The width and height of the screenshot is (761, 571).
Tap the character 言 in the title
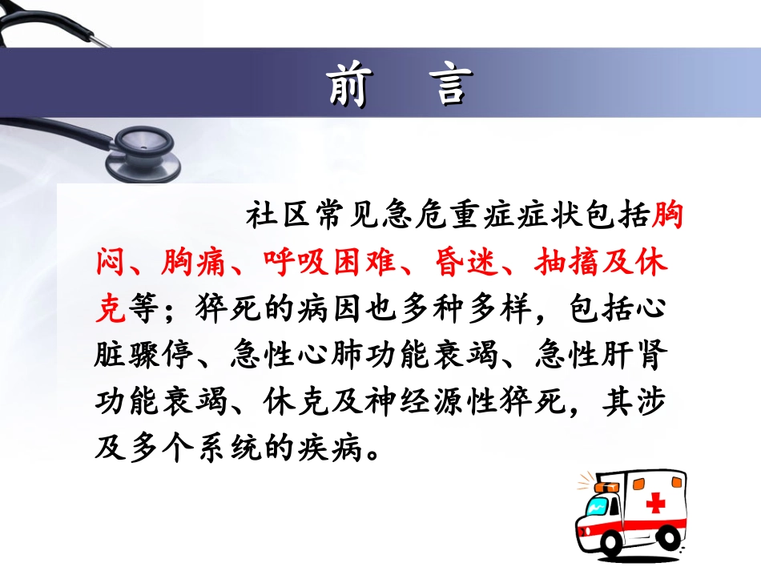coord(449,85)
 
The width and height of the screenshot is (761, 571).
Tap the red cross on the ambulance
coord(655,502)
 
